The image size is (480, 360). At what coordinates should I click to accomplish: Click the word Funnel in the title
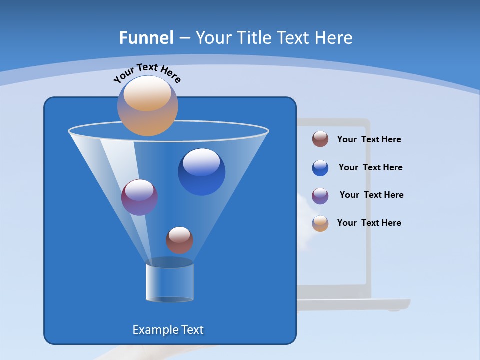pyautogui.click(x=146, y=38)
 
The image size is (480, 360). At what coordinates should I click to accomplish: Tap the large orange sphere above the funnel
pyautogui.click(x=148, y=106)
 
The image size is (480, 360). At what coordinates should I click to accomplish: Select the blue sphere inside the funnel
pyautogui.click(x=201, y=172)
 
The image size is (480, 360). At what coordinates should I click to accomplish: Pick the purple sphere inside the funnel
pyautogui.click(x=139, y=197)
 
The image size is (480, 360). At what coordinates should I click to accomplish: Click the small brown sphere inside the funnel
pyautogui.click(x=179, y=240)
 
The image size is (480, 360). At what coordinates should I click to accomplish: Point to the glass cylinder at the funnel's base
pyautogui.click(x=169, y=282)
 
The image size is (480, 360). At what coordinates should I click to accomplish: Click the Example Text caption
pyautogui.click(x=168, y=330)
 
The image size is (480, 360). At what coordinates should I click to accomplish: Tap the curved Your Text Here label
pyautogui.click(x=147, y=73)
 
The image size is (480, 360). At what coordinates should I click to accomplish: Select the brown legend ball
pyautogui.click(x=320, y=139)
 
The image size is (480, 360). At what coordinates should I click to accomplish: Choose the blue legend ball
pyautogui.click(x=320, y=168)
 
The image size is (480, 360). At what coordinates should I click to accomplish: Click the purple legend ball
pyautogui.click(x=320, y=196)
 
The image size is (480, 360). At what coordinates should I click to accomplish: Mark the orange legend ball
pyautogui.click(x=320, y=223)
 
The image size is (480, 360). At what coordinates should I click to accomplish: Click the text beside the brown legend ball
pyautogui.click(x=369, y=140)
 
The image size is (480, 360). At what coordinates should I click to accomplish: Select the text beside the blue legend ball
pyautogui.click(x=370, y=168)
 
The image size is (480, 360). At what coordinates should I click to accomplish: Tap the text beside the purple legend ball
pyautogui.click(x=371, y=195)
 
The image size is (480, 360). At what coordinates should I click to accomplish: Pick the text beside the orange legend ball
pyautogui.click(x=369, y=223)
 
